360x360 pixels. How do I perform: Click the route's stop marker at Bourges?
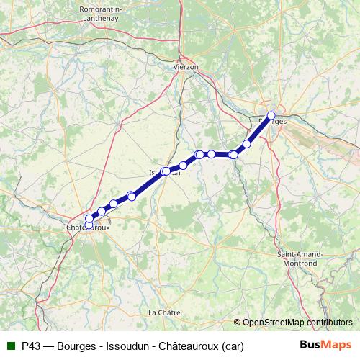point(271,115)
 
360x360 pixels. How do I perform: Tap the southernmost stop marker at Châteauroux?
point(89,225)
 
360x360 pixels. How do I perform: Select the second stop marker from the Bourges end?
point(247,144)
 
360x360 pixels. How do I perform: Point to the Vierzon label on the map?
point(186,66)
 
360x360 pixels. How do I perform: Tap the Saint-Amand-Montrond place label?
point(300,259)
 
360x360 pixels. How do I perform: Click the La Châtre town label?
point(163,312)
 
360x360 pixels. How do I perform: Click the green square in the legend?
point(11,346)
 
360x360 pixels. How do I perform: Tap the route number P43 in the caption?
point(31,346)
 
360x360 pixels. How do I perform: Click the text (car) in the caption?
point(233,346)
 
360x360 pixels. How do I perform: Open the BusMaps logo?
point(325,345)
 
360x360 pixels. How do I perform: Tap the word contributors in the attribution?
point(330,323)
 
